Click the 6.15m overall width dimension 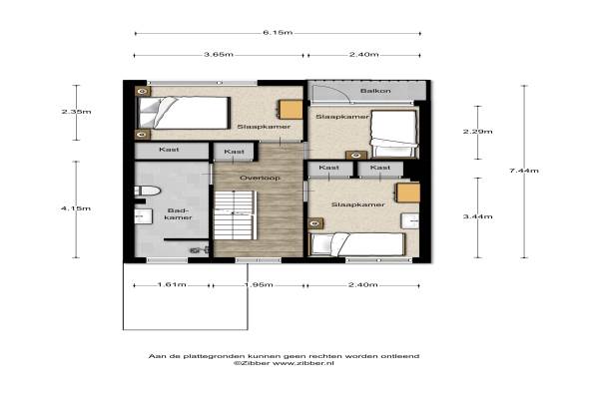(x=278, y=33)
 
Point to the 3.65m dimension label (x=219, y=54)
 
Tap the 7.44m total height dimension (x=524, y=171)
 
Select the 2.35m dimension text (x=77, y=112)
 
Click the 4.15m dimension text (x=76, y=208)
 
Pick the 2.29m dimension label (x=478, y=132)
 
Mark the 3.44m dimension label (x=478, y=216)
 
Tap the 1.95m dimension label (x=259, y=285)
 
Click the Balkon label (x=376, y=91)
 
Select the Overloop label (x=260, y=178)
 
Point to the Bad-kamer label (x=178, y=213)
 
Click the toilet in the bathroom (x=147, y=191)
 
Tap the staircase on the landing (x=234, y=215)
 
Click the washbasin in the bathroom (x=143, y=216)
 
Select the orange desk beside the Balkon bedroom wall (x=291, y=110)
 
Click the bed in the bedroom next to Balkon (x=394, y=134)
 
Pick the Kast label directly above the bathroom (x=169, y=150)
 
